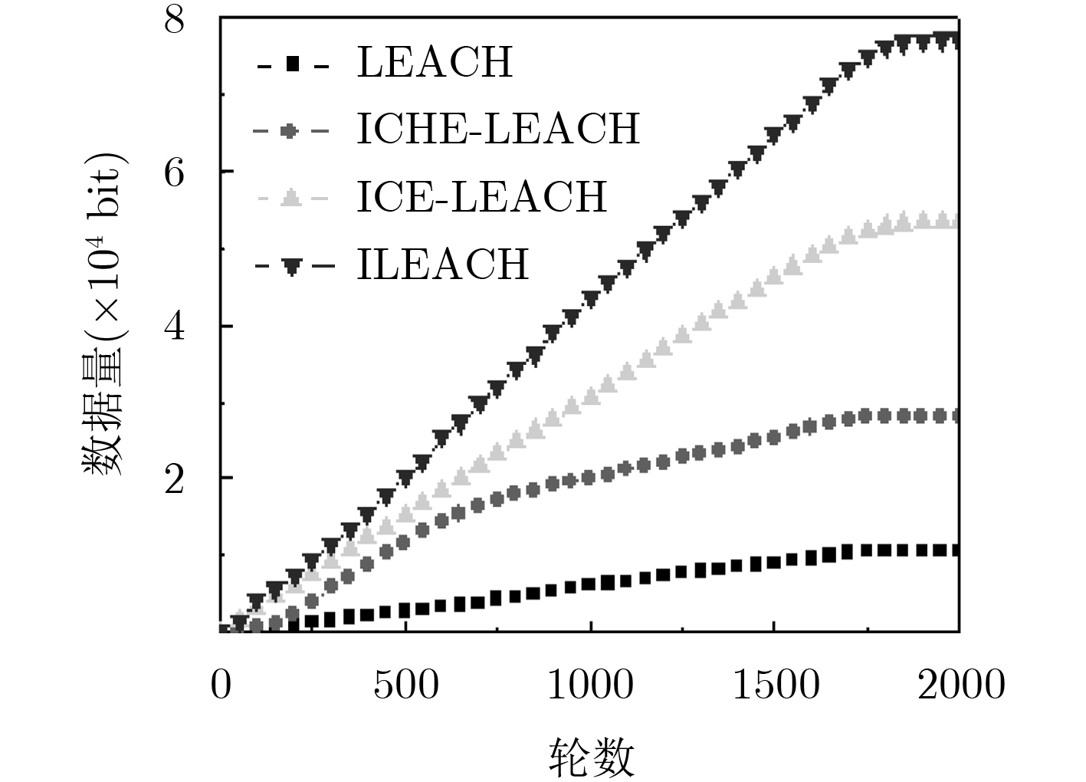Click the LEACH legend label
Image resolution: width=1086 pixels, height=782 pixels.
pyautogui.click(x=435, y=63)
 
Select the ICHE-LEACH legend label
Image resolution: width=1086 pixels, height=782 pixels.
pyautogui.click(x=498, y=129)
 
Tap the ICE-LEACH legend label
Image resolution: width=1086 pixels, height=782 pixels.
pyautogui.click(x=482, y=196)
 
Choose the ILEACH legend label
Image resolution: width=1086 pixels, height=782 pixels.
pyautogui.click(x=443, y=264)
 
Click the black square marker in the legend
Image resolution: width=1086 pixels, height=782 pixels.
pyautogui.click(x=291, y=65)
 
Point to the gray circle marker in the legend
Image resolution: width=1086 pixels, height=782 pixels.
pyautogui.click(x=288, y=132)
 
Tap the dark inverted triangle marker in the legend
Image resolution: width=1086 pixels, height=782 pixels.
pyautogui.click(x=291, y=267)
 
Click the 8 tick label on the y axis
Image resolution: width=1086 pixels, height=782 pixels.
pyautogui.click(x=175, y=20)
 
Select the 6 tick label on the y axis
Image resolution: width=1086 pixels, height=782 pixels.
pyautogui.click(x=175, y=173)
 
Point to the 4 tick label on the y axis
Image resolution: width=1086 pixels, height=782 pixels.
pyautogui.click(x=175, y=327)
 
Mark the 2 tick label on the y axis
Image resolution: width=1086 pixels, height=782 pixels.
pyautogui.click(x=175, y=480)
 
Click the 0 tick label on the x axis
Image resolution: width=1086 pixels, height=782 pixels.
pyautogui.click(x=221, y=685)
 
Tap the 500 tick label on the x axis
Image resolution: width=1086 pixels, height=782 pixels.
pyautogui.click(x=406, y=685)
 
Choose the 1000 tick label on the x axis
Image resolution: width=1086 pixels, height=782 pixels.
pyautogui.click(x=590, y=685)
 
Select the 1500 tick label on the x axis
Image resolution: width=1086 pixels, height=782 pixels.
pyautogui.click(x=775, y=685)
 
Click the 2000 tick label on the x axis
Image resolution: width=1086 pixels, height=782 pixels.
pyautogui.click(x=961, y=685)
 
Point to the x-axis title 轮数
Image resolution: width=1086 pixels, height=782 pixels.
pyautogui.click(x=592, y=757)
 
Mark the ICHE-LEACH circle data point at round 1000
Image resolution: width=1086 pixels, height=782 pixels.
pyautogui.click(x=589, y=478)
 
